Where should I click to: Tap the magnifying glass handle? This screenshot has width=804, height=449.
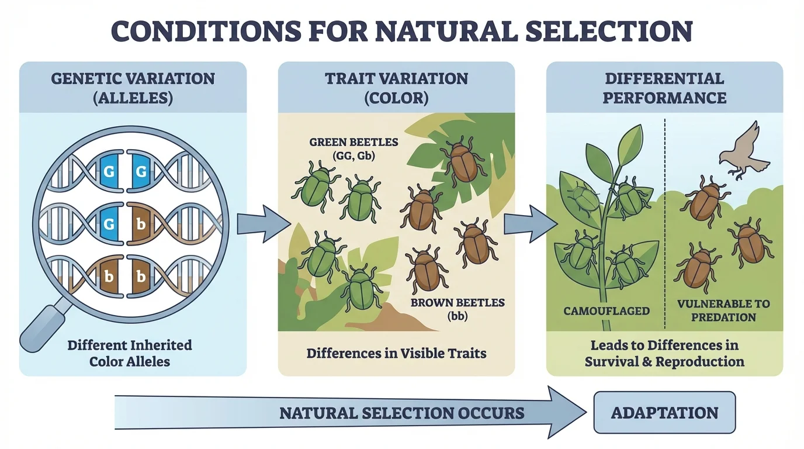click(x=43, y=324)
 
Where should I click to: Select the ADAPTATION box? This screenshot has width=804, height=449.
click(x=664, y=413)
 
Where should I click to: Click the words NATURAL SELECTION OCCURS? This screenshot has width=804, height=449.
click(x=401, y=413)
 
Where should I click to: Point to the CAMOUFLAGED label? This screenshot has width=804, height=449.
click(x=607, y=311)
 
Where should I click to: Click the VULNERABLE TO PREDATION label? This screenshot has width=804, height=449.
click(x=723, y=310)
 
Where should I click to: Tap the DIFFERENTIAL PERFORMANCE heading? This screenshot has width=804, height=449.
click(x=664, y=88)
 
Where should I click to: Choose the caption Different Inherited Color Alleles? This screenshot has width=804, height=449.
click(x=129, y=353)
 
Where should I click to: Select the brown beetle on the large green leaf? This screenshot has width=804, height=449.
click(x=463, y=160)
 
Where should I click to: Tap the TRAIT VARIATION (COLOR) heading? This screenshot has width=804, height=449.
click(x=396, y=88)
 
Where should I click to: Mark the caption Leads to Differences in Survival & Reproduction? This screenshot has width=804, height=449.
click(x=664, y=353)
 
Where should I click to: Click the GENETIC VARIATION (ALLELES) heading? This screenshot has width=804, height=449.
click(x=133, y=88)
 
